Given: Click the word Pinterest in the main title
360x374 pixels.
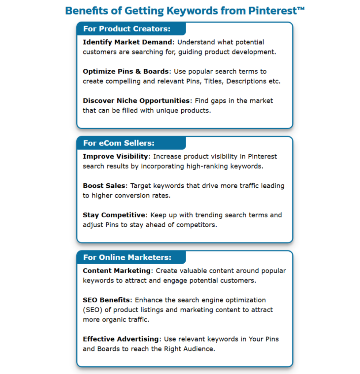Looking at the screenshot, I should [x=273, y=11].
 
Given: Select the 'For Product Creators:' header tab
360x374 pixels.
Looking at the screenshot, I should [x=127, y=28].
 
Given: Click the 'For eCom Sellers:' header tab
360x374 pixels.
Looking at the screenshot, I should [x=119, y=143].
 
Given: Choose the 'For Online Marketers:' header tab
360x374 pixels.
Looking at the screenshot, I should [x=127, y=257].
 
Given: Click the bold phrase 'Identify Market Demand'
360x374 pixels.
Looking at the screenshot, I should [x=127, y=42].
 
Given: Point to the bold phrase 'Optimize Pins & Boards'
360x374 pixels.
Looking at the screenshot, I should [x=125, y=71].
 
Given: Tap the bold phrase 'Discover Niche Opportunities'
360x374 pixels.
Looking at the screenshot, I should [x=136, y=100].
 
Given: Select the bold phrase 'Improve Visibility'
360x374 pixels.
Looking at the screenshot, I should [x=115, y=156].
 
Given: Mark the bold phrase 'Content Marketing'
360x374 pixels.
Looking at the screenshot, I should [x=117, y=271].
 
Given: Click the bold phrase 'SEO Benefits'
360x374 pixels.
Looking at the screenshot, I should [x=106, y=300].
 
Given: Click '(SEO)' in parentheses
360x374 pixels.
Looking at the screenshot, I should [x=93, y=310].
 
